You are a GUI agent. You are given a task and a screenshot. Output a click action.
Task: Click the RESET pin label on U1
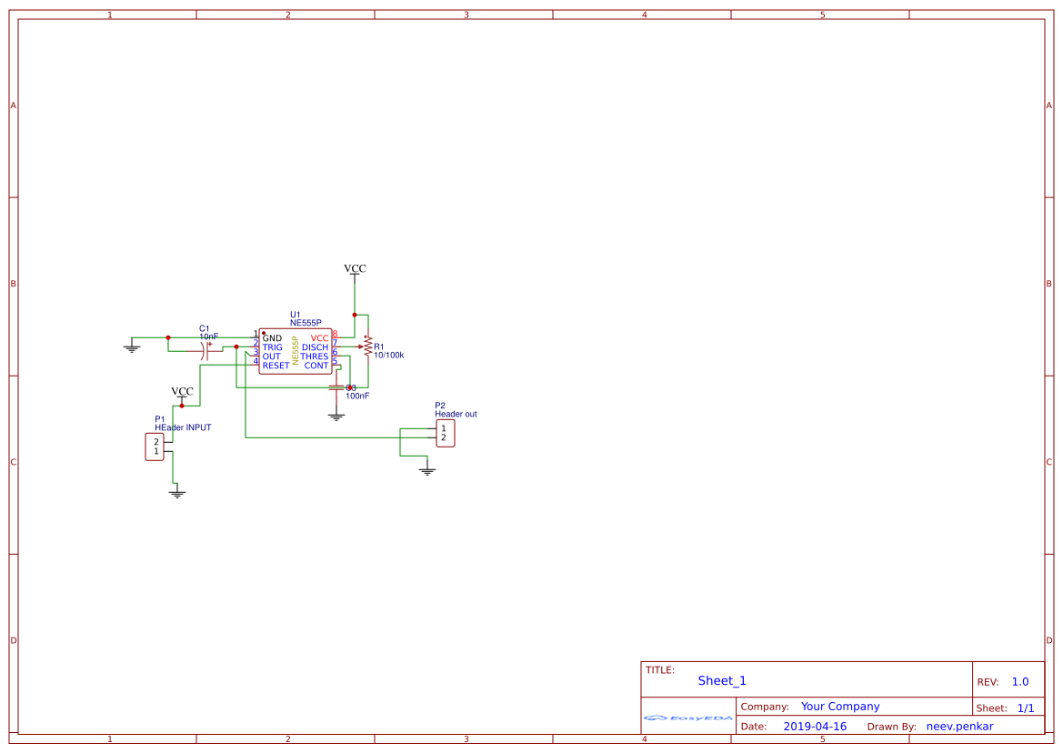(x=276, y=366)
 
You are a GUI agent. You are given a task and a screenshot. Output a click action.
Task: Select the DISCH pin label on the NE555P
(x=315, y=347)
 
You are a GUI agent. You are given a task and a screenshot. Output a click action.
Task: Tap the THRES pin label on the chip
(x=315, y=356)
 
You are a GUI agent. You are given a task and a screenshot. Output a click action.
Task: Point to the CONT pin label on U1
(x=316, y=366)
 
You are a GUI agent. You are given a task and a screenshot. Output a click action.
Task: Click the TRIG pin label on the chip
(x=272, y=347)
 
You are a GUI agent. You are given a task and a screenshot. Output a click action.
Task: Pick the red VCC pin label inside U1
(x=319, y=338)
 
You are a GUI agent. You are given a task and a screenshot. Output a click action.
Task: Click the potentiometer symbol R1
(x=367, y=346)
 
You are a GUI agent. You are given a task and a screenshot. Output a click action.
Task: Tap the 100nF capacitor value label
(x=357, y=397)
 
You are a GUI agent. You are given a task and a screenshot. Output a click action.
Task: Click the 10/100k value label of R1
(x=388, y=356)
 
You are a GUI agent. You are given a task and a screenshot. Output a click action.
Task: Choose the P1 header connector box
(x=155, y=447)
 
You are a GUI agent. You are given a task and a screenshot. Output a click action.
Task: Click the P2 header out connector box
(x=445, y=433)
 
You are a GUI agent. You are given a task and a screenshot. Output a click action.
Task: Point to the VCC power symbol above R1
(x=355, y=269)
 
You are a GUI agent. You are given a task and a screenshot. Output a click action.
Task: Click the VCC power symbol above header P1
(x=182, y=393)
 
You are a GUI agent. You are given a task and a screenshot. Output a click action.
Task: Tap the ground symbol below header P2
(x=426, y=470)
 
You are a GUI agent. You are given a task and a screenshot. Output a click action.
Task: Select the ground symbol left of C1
(x=132, y=346)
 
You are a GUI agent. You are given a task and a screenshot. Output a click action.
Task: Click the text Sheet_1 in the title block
(x=722, y=680)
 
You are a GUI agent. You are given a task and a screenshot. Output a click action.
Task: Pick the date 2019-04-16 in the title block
(x=814, y=727)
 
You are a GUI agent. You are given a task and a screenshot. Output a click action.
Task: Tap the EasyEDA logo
(x=687, y=718)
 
